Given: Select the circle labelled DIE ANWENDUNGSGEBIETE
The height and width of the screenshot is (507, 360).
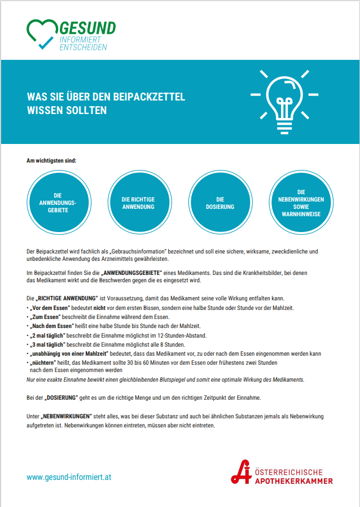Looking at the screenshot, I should pyautogui.click(x=58, y=203).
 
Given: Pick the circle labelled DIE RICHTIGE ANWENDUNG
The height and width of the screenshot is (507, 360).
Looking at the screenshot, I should pyautogui.click(x=138, y=203).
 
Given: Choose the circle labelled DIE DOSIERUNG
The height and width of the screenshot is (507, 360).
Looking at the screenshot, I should pyautogui.click(x=219, y=203).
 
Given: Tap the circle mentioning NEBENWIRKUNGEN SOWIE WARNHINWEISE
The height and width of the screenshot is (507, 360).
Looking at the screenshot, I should pyautogui.click(x=300, y=203).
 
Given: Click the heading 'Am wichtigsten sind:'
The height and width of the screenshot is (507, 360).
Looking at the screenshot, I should pyautogui.click(x=51, y=160).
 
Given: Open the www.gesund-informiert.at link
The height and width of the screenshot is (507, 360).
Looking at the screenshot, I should pyautogui.click(x=69, y=477).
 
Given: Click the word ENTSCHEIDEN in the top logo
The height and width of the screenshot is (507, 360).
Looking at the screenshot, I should pyautogui.click(x=83, y=47).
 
